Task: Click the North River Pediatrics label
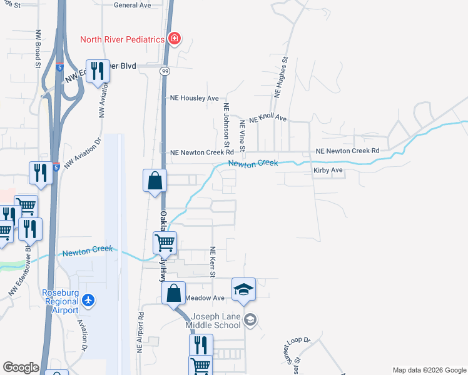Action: click(122, 39)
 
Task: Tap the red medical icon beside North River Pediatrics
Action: click(175, 39)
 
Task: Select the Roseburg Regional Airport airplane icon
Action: click(88, 301)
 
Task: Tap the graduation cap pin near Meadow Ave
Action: click(244, 290)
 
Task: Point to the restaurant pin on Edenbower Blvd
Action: click(98, 71)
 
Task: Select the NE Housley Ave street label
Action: click(195, 98)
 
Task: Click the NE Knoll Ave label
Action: click(267, 119)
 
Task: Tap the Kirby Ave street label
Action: click(328, 170)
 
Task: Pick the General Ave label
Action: click(133, 5)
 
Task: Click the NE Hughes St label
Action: click(279, 77)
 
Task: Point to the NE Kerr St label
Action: click(213, 262)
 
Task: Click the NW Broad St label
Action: click(38, 48)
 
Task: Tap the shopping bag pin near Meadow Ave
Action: click(174, 293)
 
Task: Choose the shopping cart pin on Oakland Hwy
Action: click(165, 242)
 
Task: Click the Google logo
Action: click(21, 367)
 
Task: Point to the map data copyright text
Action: click(429, 370)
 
